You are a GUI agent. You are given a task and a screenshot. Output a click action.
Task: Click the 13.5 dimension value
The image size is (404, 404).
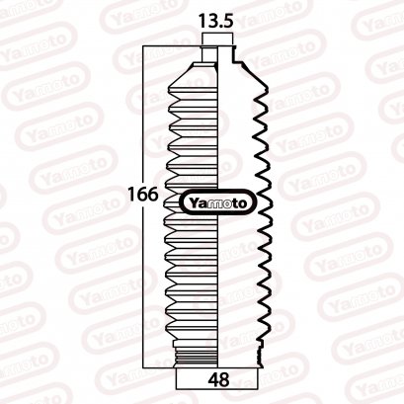click(217, 19)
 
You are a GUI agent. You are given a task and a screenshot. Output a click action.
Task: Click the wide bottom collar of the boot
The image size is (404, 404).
click(217, 355)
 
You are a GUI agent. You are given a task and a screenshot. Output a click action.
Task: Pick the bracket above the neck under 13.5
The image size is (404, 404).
click(217, 39)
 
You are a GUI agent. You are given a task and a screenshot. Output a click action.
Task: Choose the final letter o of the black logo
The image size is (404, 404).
click(248, 202)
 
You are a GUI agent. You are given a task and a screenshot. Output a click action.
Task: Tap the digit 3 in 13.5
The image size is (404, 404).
click(211, 19)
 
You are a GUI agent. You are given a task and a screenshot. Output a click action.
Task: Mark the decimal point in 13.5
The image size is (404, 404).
click(221, 24)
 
